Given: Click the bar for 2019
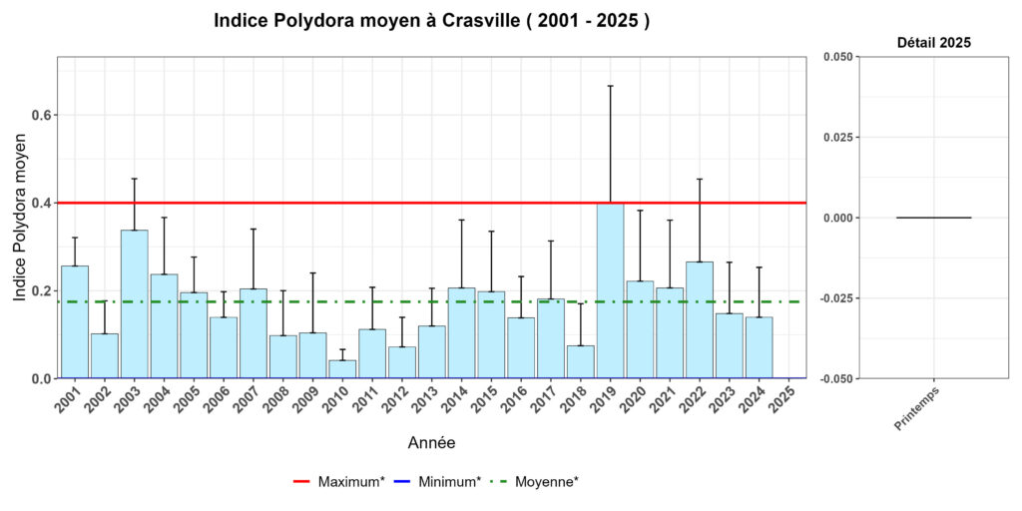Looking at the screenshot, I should tap(610, 290).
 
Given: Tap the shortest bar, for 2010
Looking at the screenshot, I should tap(342, 369).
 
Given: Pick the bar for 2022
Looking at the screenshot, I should tap(699, 320).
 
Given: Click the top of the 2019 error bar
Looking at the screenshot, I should tap(610, 86).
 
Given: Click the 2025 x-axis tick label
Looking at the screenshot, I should tap(785, 401).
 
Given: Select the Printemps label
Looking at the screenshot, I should tap(917, 408).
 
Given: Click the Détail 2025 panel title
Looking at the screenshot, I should tap(933, 43).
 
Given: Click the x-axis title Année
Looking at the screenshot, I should tap(432, 442).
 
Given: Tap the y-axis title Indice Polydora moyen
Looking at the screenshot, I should tap(20, 217).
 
